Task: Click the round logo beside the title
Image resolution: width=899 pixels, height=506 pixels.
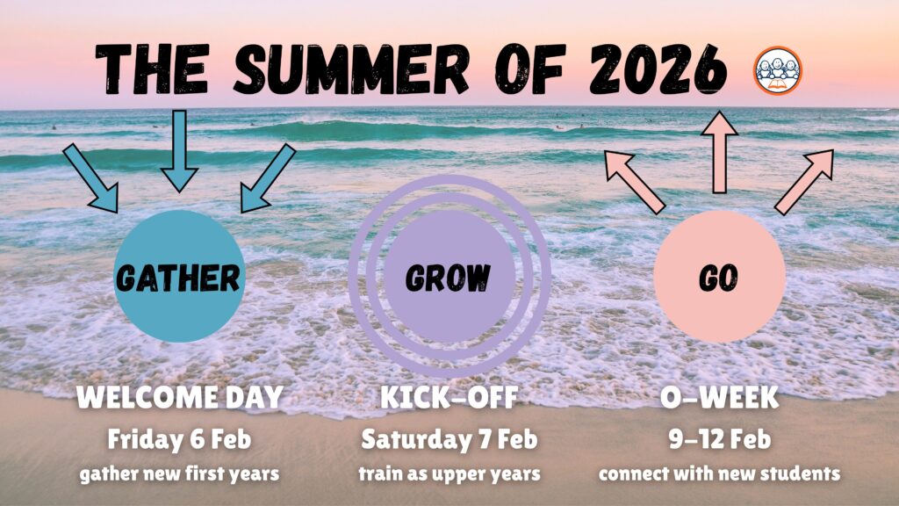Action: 778,70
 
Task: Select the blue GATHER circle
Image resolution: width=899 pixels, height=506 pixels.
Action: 179,277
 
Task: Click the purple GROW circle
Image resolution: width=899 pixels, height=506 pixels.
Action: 449,277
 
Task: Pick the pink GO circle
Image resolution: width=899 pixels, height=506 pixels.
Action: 720,277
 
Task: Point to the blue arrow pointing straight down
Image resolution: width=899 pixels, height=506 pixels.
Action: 179,151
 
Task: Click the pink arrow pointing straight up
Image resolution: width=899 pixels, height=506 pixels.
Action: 720,152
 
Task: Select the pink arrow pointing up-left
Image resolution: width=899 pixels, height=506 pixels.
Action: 635,182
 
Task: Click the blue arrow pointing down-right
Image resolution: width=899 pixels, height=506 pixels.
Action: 91,178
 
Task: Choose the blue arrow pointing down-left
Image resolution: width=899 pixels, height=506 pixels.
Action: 268,178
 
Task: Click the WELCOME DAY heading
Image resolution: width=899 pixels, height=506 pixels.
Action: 180,397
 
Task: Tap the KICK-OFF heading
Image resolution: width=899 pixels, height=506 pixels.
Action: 449,397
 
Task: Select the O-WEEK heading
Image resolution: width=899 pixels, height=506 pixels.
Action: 720,397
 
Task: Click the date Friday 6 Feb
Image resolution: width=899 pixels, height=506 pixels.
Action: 179,439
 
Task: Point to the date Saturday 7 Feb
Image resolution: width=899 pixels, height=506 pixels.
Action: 449,439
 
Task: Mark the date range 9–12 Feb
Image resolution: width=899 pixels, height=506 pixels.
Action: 720,439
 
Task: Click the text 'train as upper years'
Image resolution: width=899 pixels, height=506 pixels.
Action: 449,474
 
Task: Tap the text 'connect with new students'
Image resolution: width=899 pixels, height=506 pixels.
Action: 720,473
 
